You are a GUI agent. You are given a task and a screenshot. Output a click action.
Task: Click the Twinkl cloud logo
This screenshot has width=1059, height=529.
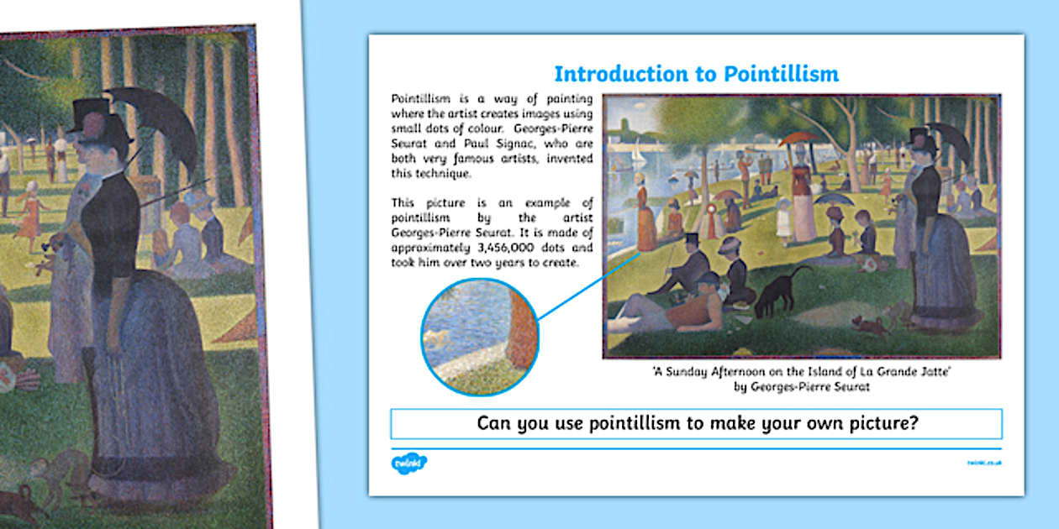point(409,463)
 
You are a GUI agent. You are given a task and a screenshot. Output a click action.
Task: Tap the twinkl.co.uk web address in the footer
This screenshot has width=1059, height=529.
point(984,463)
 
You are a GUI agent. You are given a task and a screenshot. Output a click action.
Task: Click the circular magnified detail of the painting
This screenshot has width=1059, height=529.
point(479,337)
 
